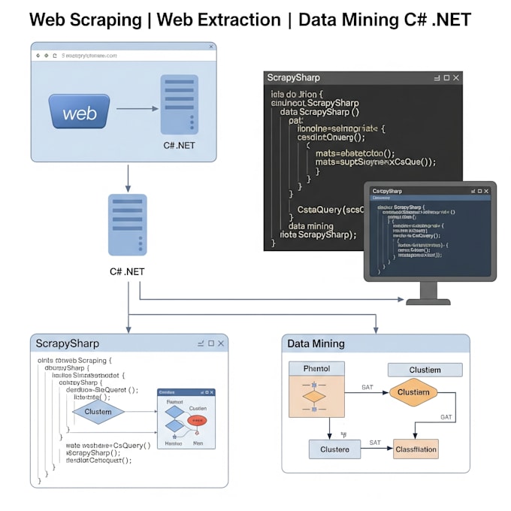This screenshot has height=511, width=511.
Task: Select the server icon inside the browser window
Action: (179, 104)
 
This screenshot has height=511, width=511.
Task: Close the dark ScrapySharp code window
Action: (456, 77)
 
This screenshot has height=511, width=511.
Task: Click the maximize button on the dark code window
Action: (446, 77)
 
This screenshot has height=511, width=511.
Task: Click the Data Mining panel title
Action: (316, 343)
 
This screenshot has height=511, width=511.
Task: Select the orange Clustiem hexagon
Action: (413, 392)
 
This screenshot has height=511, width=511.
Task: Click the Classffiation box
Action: (416, 449)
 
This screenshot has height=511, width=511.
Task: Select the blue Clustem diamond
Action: (98, 411)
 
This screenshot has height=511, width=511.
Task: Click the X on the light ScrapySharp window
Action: (220, 343)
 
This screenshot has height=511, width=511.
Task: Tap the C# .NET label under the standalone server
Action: (127, 271)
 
